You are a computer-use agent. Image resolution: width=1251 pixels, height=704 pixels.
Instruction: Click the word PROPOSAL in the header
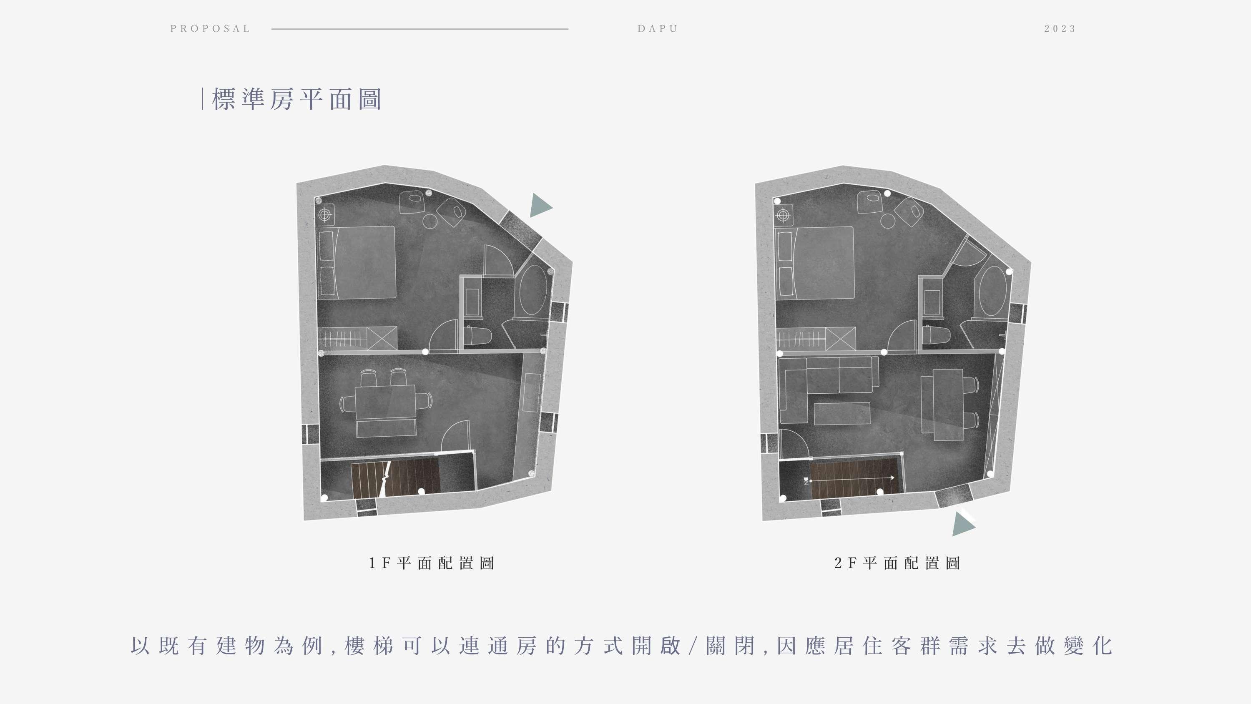pyautogui.click(x=210, y=29)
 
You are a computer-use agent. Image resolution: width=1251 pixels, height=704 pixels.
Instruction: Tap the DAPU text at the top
pyautogui.click(x=658, y=29)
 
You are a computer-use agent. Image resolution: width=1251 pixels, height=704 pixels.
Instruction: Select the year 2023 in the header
pyautogui.click(x=1060, y=29)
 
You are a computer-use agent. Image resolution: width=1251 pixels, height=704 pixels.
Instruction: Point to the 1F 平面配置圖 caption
pyautogui.click(x=431, y=563)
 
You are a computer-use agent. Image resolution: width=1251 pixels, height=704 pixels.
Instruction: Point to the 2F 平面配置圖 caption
pyautogui.click(x=897, y=563)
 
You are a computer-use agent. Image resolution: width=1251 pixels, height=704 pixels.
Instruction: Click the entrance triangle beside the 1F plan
pyautogui.click(x=540, y=206)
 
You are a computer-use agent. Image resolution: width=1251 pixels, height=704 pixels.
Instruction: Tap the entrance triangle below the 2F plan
pyautogui.click(x=962, y=525)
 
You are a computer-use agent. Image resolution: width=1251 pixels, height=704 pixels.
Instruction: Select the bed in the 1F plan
pyautogui.click(x=364, y=262)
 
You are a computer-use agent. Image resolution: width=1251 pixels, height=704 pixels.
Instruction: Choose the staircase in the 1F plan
pyautogui.click(x=394, y=478)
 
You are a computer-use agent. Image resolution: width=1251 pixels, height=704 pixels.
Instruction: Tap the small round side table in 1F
pyautogui.click(x=430, y=221)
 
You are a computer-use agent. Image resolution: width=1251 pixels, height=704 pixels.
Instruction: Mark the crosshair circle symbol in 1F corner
pyautogui.click(x=325, y=214)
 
